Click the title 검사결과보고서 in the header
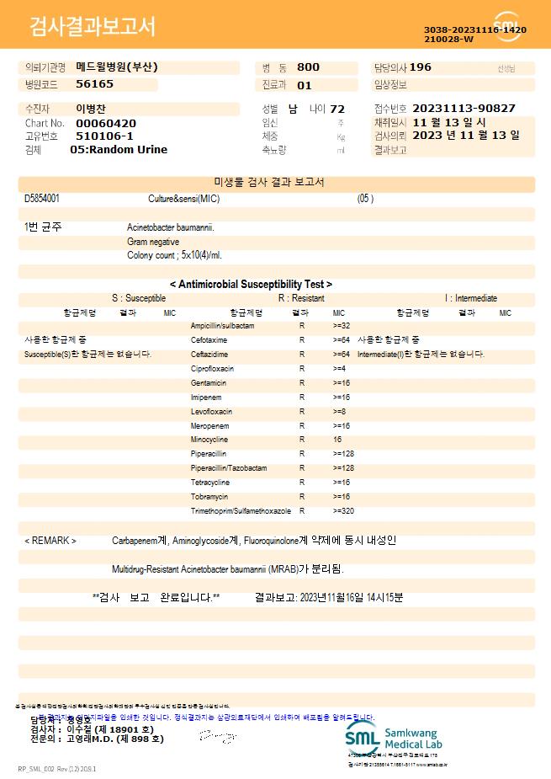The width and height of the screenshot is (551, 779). [x=93, y=27]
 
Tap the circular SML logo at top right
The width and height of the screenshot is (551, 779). [x=507, y=26]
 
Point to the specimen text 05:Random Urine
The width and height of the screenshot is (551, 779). [x=119, y=150]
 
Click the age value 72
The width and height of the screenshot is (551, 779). [x=337, y=109]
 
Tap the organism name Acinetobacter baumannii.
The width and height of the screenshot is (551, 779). [x=171, y=227]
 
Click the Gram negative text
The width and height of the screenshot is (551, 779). [x=153, y=242]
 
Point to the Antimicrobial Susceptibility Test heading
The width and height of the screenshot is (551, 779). [x=251, y=285]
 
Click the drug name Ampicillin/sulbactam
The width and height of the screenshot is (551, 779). [x=222, y=326]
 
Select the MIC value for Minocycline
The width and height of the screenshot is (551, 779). [x=337, y=440]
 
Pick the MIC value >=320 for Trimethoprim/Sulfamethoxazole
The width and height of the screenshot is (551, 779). [x=343, y=511]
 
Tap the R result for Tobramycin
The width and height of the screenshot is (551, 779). [x=302, y=497]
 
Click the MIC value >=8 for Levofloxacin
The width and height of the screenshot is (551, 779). [x=340, y=412]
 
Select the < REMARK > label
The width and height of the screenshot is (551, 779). [x=50, y=541]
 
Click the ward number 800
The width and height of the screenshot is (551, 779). [x=308, y=67]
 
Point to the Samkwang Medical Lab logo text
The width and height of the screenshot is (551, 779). [x=412, y=739]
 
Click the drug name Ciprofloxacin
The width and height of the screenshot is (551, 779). [x=212, y=369]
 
